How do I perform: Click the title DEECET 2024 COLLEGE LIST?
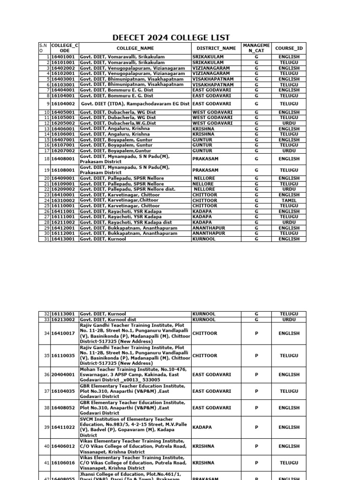click(171, 38)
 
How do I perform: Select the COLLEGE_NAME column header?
click(135, 48)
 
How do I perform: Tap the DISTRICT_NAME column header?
click(216, 48)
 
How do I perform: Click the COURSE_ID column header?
click(289, 48)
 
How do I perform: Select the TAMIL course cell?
click(289, 201)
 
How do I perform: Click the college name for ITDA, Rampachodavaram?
click(135, 104)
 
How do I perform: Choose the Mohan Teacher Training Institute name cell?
click(135, 375)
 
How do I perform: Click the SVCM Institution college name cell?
click(135, 427)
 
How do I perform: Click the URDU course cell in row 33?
click(289, 320)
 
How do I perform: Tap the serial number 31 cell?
click(45, 239)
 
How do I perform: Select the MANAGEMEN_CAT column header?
click(256, 48)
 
